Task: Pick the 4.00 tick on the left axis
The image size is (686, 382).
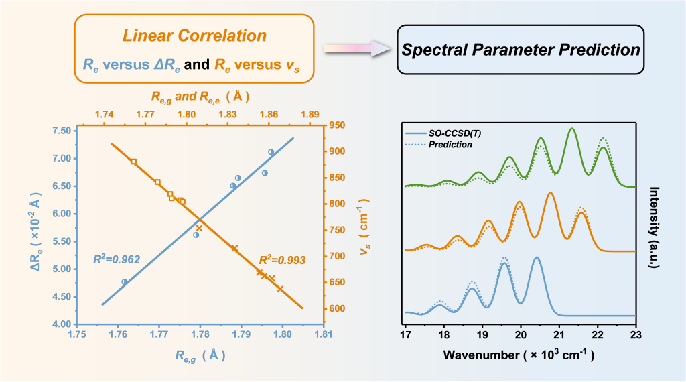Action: (61, 324)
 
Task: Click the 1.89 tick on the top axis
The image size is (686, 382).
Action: (310, 115)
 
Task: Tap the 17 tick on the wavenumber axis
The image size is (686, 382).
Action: (405, 334)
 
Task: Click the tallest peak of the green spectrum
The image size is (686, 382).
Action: (571, 129)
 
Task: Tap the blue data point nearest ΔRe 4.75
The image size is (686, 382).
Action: (125, 282)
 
